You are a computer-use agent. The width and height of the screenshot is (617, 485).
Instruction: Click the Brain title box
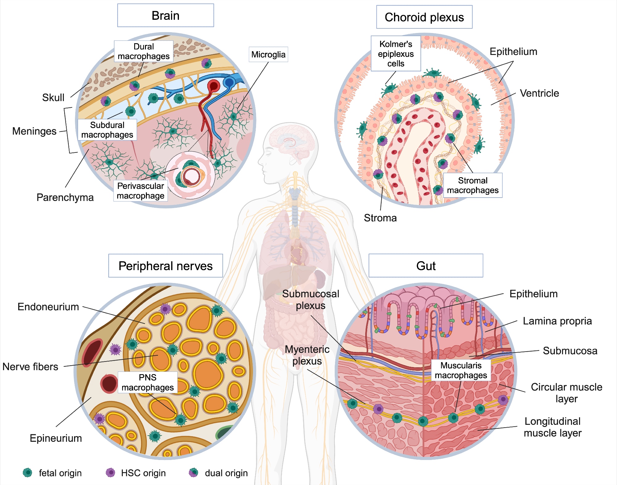pos(165,15)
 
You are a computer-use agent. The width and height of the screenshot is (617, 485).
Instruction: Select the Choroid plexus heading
pos(424,17)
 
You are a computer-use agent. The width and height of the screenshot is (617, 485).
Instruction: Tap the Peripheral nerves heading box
pos(165,266)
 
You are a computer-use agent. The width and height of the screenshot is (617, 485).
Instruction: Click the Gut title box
pos(426,266)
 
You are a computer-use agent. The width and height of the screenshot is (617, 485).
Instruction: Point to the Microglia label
pos(268,55)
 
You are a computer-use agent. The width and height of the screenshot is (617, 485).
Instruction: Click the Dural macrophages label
pos(143,51)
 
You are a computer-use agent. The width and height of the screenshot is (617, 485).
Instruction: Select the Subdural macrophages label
pos(107,130)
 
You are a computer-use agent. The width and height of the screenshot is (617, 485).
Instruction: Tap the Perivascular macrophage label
pos(140,191)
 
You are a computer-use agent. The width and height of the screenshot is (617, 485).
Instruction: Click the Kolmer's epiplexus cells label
pos(395,54)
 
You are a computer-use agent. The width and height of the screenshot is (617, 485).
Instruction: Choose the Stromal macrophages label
pos(473,185)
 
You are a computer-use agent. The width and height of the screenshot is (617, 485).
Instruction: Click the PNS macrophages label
pos(147,382)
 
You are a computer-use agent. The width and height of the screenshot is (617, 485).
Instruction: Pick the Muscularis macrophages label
pos(461,370)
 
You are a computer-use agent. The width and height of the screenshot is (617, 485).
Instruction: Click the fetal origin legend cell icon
pos(27,472)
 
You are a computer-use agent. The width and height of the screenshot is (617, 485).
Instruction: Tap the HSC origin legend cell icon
pos(110,472)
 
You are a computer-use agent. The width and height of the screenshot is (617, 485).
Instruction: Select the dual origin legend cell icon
pos(193,472)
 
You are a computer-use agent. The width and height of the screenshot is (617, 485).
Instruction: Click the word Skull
pos(53,98)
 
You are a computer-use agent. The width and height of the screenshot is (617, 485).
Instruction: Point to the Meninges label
pos(34,131)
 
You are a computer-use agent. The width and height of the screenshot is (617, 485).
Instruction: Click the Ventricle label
pos(539,93)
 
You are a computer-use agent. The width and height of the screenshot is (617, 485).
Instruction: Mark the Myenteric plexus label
pos(307,355)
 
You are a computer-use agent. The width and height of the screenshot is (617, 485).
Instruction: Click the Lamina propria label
pos(557,321)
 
